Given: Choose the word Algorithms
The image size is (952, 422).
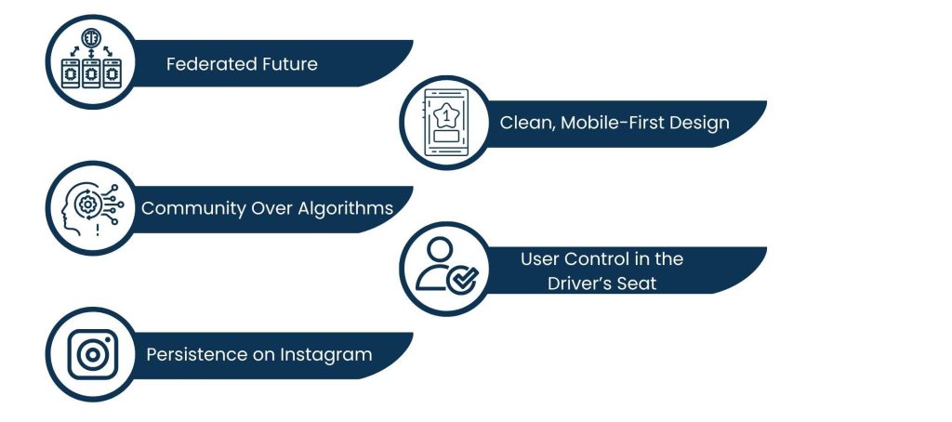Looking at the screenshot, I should pos(344,208).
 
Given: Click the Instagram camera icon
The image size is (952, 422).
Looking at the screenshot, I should pos(92,355).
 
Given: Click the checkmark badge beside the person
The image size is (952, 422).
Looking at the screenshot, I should pos(460,278).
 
